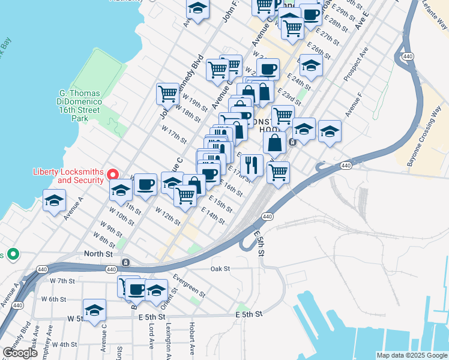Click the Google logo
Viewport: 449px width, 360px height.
coord(20,353)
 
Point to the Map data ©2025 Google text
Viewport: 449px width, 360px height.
coord(412,355)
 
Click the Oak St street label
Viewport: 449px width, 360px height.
coord(220,269)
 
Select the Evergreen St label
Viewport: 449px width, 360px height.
coord(189,286)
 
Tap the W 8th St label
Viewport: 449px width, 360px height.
coord(103,242)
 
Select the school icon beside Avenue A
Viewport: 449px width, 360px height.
coord(54,200)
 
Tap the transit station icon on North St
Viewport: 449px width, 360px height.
coord(126,262)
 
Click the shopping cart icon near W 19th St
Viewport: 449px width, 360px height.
coord(167,93)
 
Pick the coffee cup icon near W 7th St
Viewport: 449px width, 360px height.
coord(136,289)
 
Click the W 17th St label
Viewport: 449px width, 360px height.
coord(174,136)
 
